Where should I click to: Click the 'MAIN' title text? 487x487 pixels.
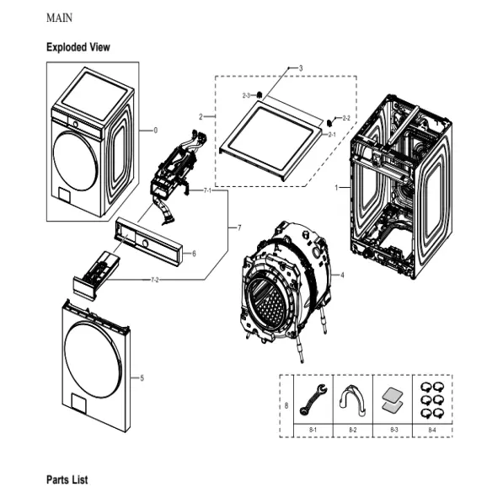tap(58, 17)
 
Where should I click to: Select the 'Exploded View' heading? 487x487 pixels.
tap(78, 47)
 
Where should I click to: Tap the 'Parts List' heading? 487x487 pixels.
tap(66, 478)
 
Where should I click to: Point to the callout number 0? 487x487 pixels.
tap(156, 131)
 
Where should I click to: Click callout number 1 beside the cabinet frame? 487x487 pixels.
tap(337, 186)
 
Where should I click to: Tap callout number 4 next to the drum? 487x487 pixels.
tap(341, 275)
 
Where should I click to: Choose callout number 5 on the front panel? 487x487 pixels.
tap(142, 377)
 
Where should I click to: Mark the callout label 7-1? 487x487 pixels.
tap(208, 191)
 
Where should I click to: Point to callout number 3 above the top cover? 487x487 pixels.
tap(301, 67)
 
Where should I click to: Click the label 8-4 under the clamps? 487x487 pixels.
tap(431, 430)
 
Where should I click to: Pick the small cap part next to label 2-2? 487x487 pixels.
tap(328, 121)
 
